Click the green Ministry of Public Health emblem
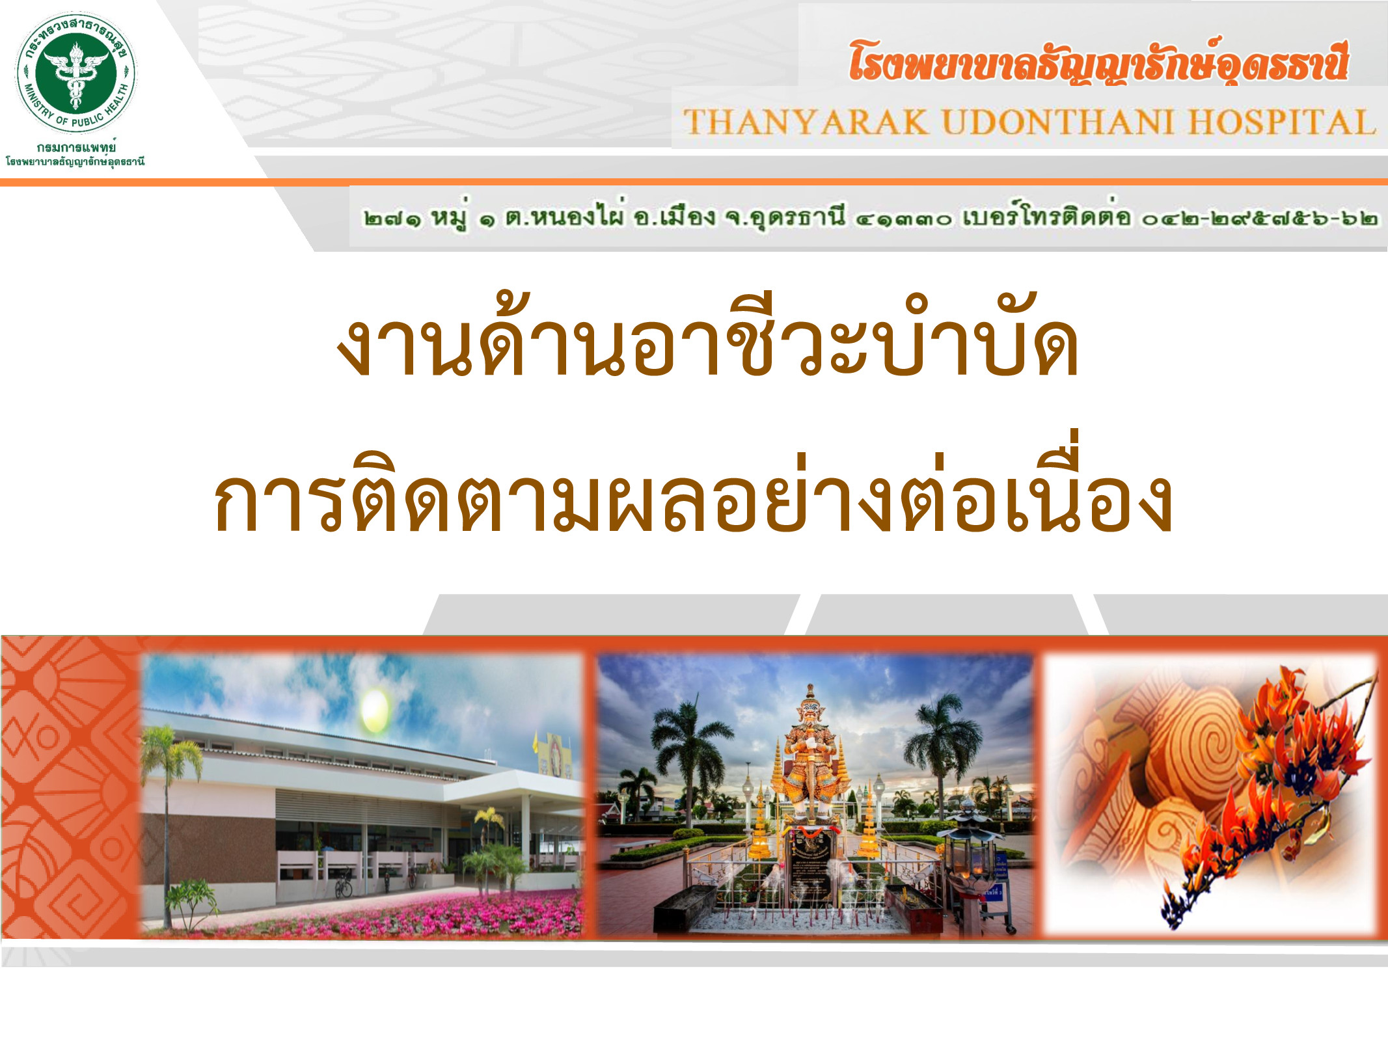coord(75,73)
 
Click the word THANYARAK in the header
coord(806,122)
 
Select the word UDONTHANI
coord(1058,122)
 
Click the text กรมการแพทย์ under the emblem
coord(76,148)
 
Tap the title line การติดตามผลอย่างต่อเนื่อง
coord(693,489)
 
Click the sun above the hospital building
coord(374,710)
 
